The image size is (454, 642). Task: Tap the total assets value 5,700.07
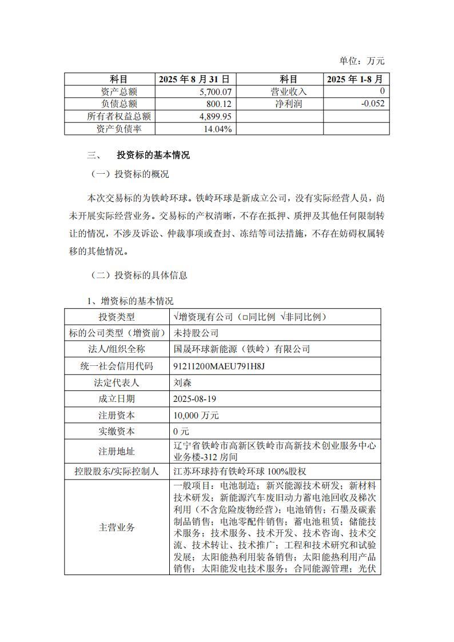pos(216,91)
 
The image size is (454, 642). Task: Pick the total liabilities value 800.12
pos(219,103)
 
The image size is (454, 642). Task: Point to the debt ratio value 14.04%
pos(217,129)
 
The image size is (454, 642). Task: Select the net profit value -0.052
pos(372,103)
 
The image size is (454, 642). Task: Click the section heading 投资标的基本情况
pos(153,155)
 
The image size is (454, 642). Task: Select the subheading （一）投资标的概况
pos(130,174)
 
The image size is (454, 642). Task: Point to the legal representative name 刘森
pos(181,382)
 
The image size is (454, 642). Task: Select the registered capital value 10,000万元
pos(196,415)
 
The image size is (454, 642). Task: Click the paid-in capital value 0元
pos(181,431)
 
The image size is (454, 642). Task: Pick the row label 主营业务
pos(117,527)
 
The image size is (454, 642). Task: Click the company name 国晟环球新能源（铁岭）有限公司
pos(241,349)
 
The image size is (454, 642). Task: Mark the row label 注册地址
pos(117,451)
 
